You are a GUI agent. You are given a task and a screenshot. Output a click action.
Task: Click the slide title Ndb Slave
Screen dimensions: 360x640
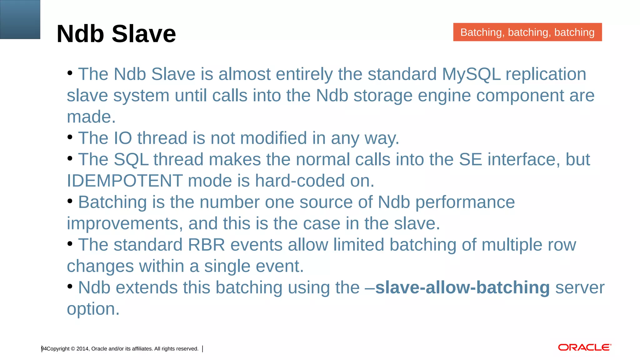tap(116, 34)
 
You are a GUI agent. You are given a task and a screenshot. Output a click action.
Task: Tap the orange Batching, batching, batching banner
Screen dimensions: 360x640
tap(527, 32)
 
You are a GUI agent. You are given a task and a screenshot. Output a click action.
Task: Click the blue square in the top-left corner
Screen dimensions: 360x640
tap(20, 19)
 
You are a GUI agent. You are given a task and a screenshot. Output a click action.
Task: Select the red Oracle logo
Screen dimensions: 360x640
tap(584, 347)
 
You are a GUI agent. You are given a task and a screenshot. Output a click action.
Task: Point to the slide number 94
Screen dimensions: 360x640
tap(44, 349)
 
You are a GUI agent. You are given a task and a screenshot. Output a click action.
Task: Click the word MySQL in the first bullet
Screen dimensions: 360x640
tap(471, 74)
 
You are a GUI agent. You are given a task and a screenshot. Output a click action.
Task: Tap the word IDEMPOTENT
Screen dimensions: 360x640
tap(125, 181)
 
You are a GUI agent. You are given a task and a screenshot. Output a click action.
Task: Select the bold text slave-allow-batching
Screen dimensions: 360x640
tap(462, 287)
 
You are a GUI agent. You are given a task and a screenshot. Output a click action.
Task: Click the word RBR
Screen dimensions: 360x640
tap(206, 245)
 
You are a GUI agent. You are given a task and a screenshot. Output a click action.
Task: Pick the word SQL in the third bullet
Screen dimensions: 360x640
tap(131, 160)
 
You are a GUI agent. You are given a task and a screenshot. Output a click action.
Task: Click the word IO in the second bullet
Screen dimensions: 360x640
tap(123, 138)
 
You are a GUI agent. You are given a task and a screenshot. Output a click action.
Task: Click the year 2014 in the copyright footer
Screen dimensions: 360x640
tap(82, 349)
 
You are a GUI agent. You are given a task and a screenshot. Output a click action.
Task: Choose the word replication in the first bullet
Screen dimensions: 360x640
tap(546, 74)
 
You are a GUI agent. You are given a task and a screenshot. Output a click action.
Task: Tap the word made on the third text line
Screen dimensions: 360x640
tap(91, 117)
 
